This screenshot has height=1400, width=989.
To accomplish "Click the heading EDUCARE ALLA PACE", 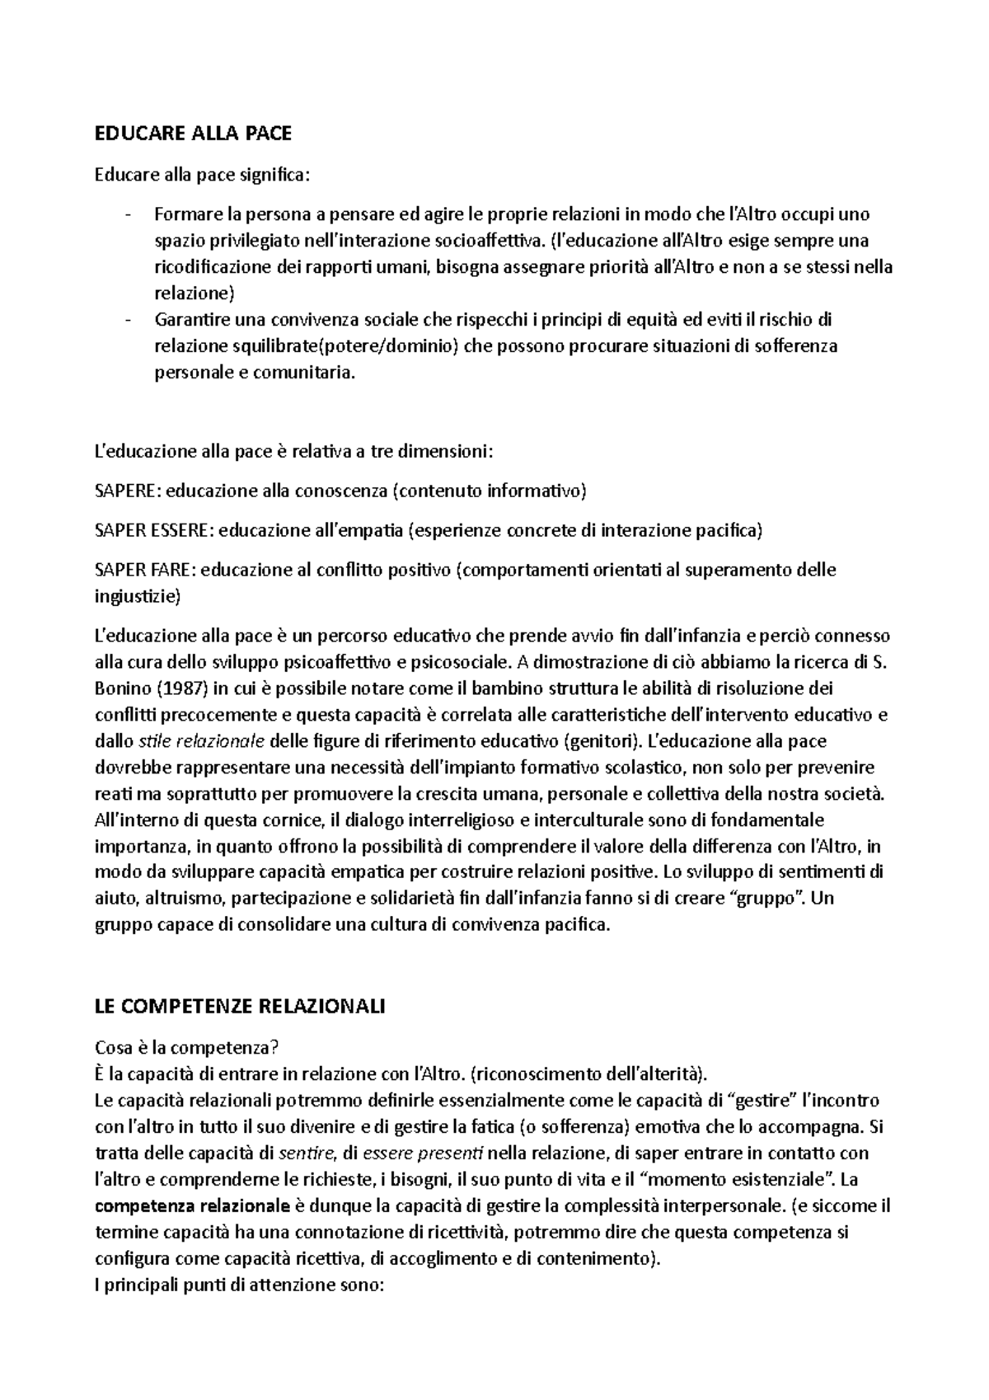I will pyautogui.click(x=194, y=134).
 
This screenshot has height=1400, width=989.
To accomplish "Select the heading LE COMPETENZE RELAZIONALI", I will pyautogui.click(x=241, y=1007).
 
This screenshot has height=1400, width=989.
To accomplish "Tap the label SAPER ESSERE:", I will pyautogui.click(x=154, y=531).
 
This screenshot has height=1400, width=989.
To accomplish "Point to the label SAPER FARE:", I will pyautogui.click(x=145, y=570).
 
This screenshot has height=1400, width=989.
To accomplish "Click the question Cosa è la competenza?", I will pyautogui.click(x=188, y=1047).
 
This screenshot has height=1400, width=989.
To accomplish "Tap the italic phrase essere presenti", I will pyautogui.click(x=423, y=1153).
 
